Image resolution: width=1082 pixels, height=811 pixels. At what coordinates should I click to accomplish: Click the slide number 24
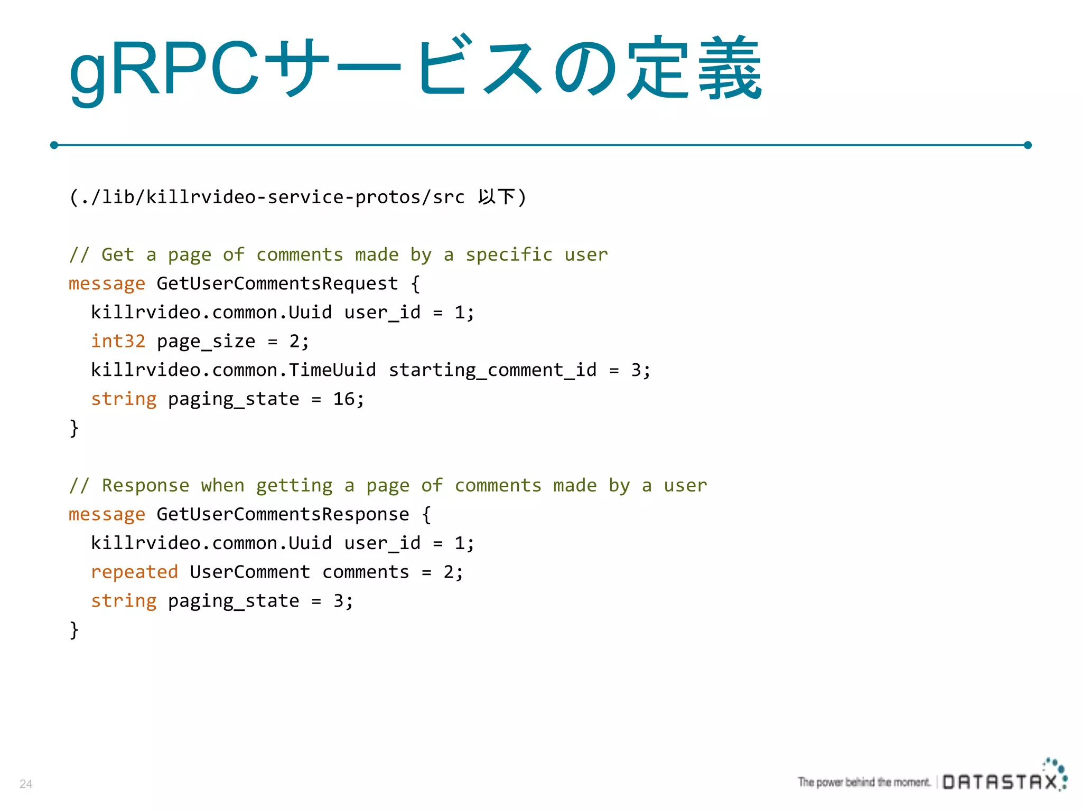(x=26, y=784)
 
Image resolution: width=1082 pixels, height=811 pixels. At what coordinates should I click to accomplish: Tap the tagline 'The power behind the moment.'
(x=864, y=782)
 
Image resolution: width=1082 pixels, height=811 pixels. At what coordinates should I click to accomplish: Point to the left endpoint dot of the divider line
(x=54, y=145)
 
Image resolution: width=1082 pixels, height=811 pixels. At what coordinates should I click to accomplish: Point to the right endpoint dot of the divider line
(x=1028, y=145)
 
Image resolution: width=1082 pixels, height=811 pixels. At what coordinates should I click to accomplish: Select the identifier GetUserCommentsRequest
(x=277, y=284)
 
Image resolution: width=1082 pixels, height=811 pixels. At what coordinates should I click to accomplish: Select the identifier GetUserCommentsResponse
(x=283, y=514)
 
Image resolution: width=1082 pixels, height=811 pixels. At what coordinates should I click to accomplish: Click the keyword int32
(x=118, y=341)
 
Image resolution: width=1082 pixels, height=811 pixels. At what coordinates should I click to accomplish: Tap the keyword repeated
(x=134, y=572)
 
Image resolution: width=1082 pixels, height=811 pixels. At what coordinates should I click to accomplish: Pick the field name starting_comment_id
(x=492, y=370)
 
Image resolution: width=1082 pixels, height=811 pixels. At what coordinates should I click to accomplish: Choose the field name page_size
(x=206, y=342)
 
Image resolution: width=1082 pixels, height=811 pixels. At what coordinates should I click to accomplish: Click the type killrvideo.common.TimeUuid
(x=233, y=370)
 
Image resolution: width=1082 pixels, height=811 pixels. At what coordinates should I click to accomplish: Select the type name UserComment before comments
(x=250, y=572)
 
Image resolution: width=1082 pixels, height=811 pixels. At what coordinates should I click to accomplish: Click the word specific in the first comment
(x=509, y=255)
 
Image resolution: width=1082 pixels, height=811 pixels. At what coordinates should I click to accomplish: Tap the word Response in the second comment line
(x=145, y=486)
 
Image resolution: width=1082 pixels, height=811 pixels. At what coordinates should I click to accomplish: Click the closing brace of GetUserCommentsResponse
(x=74, y=630)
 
